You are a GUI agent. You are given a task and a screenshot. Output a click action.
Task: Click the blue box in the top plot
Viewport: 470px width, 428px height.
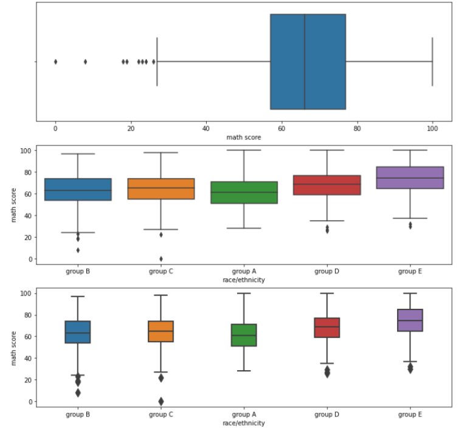(x=308, y=61)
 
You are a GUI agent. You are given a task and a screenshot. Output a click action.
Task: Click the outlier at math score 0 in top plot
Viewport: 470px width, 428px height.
(x=55, y=61)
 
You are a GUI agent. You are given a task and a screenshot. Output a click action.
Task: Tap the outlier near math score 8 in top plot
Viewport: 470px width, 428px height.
(x=85, y=61)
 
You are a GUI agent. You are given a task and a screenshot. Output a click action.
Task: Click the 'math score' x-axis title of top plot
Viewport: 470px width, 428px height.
(x=243, y=137)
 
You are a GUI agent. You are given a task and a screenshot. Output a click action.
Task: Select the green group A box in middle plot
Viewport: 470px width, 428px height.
(x=244, y=192)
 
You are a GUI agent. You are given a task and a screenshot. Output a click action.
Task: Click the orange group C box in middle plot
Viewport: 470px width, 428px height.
(x=161, y=188)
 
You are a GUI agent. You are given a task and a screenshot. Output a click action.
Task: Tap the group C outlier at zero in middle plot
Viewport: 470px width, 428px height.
(x=161, y=259)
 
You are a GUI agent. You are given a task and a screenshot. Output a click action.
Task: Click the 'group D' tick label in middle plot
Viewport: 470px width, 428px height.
(x=327, y=271)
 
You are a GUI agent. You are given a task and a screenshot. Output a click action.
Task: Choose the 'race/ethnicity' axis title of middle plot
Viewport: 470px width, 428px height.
(x=244, y=280)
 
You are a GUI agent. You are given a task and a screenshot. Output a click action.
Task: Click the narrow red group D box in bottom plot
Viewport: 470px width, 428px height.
(x=327, y=328)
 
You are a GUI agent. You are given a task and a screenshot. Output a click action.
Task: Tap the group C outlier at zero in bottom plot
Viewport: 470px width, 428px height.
(x=161, y=401)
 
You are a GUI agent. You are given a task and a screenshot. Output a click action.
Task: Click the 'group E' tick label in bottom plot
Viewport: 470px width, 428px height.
(x=410, y=414)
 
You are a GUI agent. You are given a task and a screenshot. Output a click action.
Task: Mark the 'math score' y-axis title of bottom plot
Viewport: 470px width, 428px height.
(x=14, y=348)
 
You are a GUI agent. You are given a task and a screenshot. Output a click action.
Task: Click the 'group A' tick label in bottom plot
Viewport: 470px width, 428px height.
(x=244, y=414)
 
